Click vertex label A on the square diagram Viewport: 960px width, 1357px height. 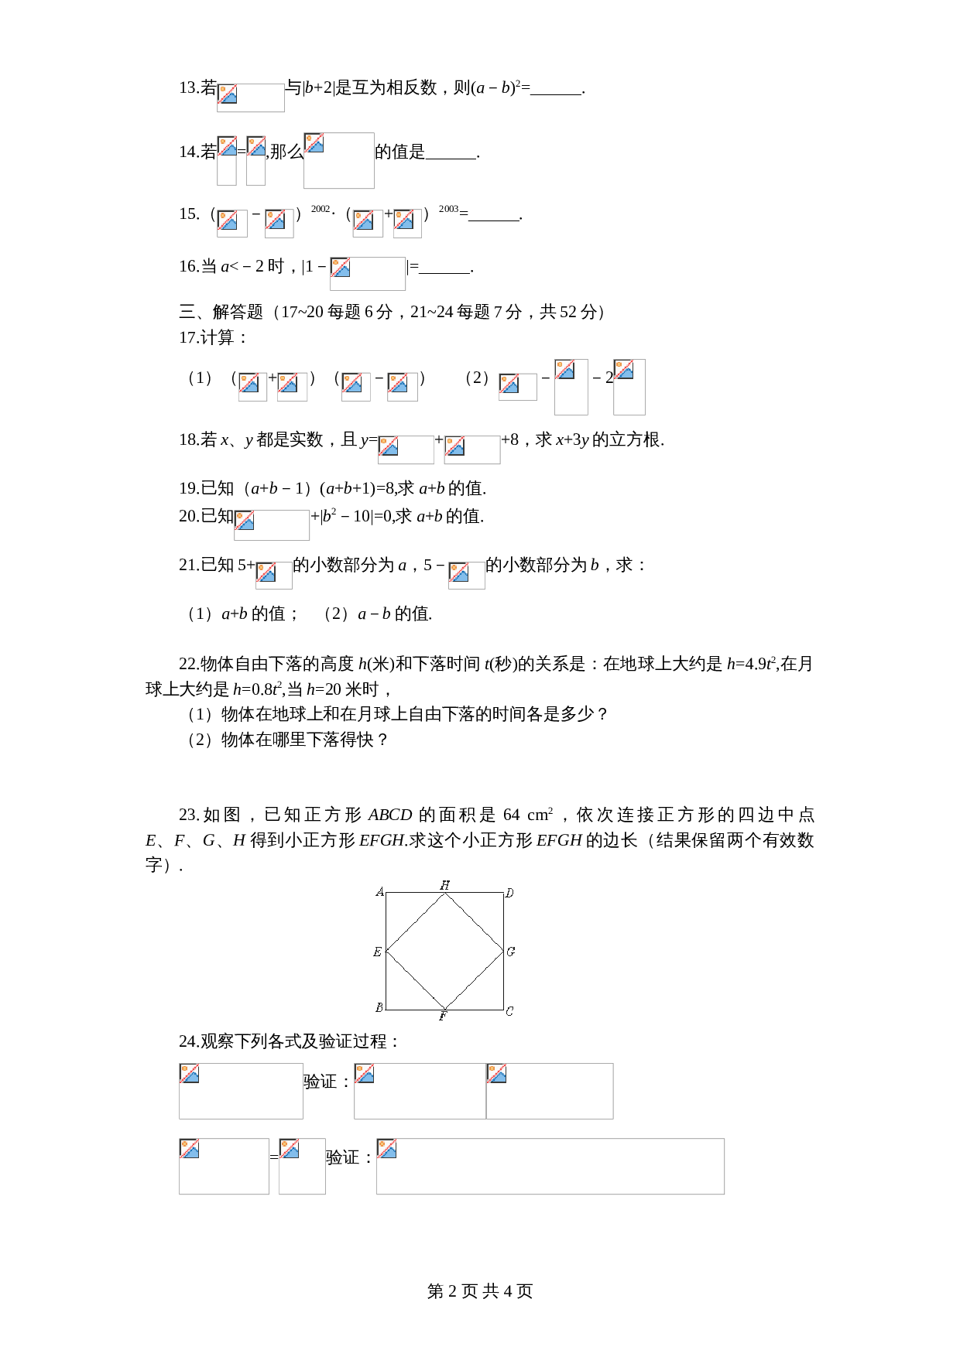[379, 892]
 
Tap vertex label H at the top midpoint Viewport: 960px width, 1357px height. [444, 884]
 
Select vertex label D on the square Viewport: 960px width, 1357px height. [509, 893]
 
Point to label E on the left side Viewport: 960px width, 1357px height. [377, 952]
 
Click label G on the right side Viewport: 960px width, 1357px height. [511, 952]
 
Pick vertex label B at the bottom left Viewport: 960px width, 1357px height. [379, 1007]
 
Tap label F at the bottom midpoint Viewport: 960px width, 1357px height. [443, 1017]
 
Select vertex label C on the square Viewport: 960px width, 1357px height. [509, 1011]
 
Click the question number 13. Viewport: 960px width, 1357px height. [189, 88]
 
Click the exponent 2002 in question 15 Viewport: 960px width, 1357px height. [321, 209]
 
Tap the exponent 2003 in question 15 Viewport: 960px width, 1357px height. [448, 209]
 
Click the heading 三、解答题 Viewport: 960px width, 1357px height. [221, 312]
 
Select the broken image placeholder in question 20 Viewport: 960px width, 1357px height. [272, 525]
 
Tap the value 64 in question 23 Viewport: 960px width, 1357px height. [511, 815]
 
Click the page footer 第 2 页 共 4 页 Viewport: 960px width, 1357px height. [480, 1291]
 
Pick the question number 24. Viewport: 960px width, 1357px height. [189, 1041]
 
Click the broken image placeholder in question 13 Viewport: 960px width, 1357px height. [250, 97]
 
